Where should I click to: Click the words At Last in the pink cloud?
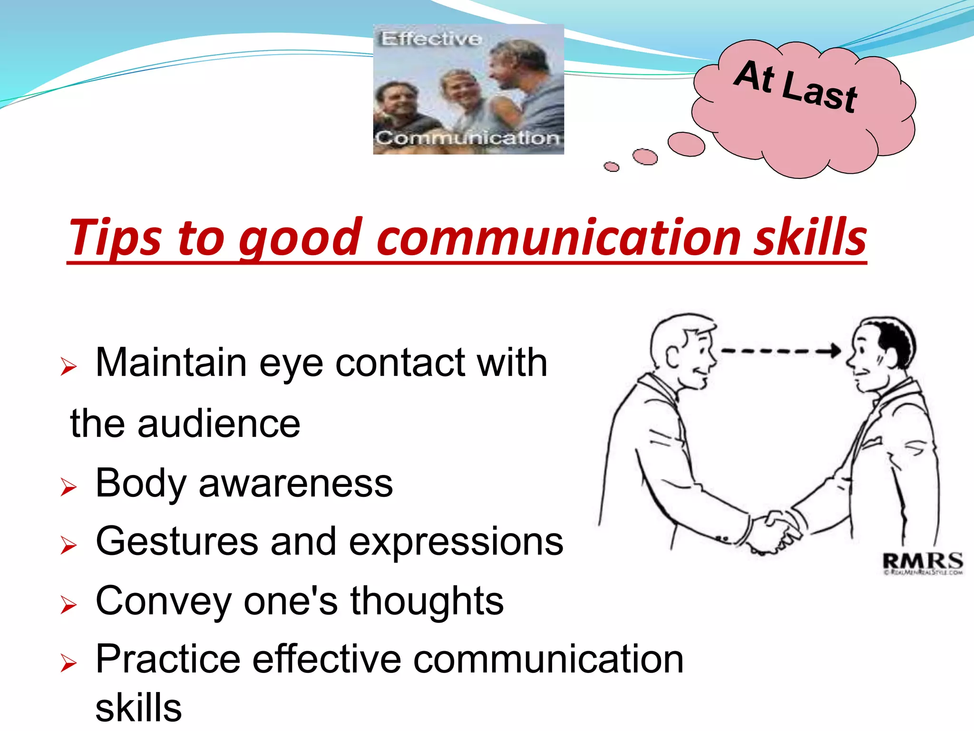[795, 87]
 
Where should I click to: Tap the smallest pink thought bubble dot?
[611, 167]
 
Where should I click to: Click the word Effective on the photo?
[431, 39]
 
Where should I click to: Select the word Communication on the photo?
[467, 138]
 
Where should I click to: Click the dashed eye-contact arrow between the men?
[780, 351]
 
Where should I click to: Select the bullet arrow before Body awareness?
[68, 487]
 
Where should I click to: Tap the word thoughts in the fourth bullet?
[427, 601]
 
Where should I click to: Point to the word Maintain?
[171, 363]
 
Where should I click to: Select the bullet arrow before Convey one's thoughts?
[68, 605]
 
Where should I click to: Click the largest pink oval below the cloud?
[686, 144]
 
